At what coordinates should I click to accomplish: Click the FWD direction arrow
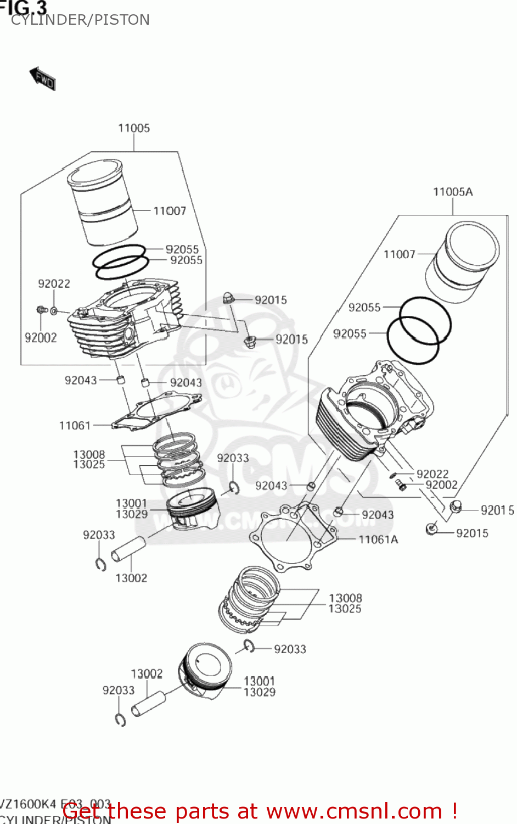[43, 79]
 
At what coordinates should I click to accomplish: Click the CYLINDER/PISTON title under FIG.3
[80, 20]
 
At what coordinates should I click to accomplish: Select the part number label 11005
[133, 128]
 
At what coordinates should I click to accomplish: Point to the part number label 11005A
[452, 192]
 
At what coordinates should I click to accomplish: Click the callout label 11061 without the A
[75, 425]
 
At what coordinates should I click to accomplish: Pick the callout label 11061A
[378, 539]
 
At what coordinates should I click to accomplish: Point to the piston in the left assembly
[193, 511]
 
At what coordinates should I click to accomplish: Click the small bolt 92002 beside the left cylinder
[41, 310]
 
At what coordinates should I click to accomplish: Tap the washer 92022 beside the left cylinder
[54, 311]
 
